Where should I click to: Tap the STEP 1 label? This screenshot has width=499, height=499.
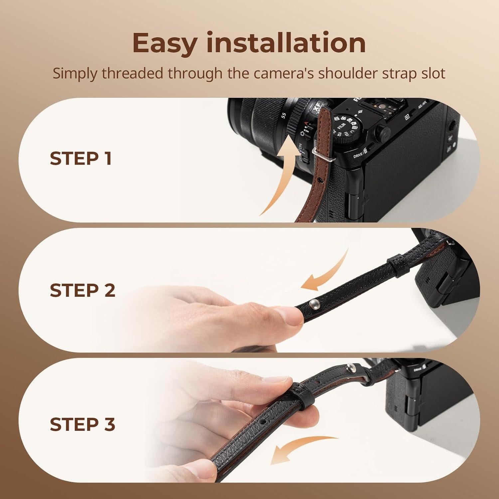click(81, 159)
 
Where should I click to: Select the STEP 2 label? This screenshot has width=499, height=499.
click(83, 290)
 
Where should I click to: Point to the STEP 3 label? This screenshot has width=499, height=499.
click(83, 424)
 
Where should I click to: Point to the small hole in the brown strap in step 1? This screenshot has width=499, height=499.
click(320, 180)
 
